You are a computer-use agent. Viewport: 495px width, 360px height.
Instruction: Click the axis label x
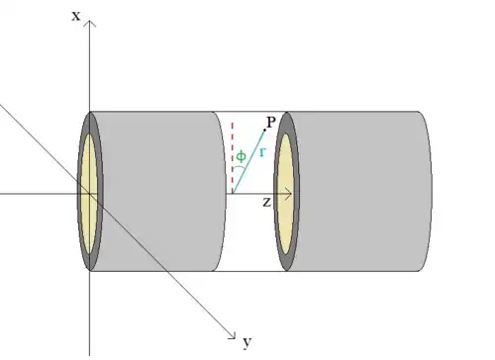pyautogui.click(x=76, y=16)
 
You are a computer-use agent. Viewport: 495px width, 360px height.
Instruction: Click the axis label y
pyautogui.click(x=247, y=342)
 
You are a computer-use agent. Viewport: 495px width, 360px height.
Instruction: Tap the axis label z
pyautogui.click(x=267, y=202)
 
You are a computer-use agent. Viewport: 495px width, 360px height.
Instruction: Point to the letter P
pyautogui.click(x=271, y=123)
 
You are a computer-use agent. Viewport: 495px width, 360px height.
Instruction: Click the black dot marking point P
pyautogui.click(x=264, y=131)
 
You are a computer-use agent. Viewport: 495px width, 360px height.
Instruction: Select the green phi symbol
pyautogui.click(x=242, y=156)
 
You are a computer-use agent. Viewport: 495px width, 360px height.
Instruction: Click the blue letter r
pyautogui.click(x=262, y=152)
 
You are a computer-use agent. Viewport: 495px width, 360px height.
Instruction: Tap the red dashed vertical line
pyautogui.click(x=233, y=157)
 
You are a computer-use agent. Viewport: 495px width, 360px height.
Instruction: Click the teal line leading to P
pyautogui.click(x=248, y=161)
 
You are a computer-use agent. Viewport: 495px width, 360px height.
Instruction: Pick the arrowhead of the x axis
pyautogui.click(x=90, y=23)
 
